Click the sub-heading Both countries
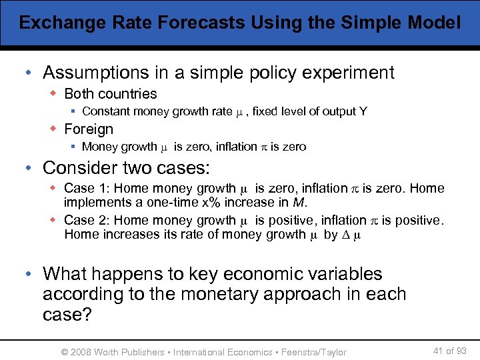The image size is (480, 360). click(x=111, y=94)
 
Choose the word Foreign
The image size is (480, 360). click(x=89, y=129)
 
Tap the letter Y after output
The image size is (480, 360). click(x=363, y=111)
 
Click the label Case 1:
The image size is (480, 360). click(x=89, y=189)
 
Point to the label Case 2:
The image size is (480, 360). click(x=89, y=220)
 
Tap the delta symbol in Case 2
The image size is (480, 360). click(x=347, y=234)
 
